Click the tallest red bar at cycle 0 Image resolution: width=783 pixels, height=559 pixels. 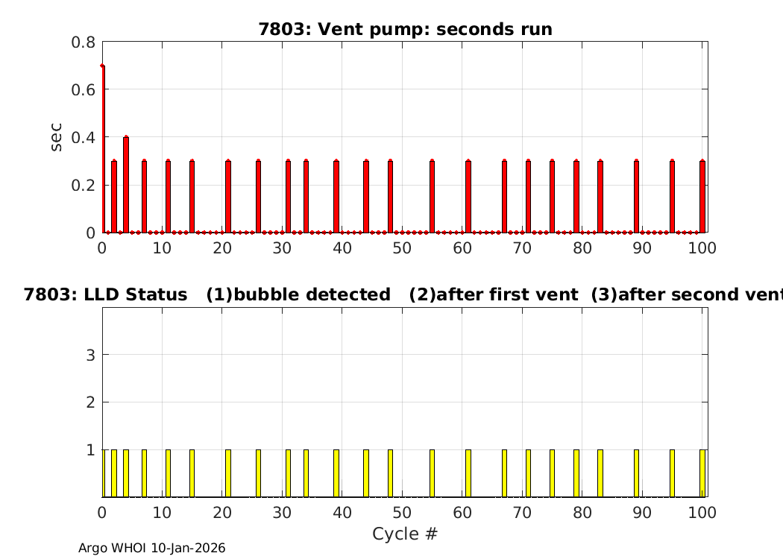pos(103,149)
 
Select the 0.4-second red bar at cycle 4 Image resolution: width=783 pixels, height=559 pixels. pos(126,185)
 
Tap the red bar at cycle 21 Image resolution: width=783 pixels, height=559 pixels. pos(228,197)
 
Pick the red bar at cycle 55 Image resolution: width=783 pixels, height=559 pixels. pos(432,197)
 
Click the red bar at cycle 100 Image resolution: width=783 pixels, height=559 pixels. pos(702,197)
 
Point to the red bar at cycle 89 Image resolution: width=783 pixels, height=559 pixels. pos(636,197)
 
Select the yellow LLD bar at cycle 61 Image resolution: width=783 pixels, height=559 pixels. pos(468,473)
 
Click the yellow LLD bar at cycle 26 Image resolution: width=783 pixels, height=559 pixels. pos(258,473)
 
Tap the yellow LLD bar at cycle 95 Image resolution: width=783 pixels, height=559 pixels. pos(672,473)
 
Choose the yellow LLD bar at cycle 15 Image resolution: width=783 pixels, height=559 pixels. pos(192,473)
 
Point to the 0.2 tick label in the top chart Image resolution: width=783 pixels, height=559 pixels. pos(83,185)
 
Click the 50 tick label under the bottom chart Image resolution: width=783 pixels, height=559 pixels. pos(402,513)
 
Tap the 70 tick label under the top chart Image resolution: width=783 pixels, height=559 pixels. pos(522,248)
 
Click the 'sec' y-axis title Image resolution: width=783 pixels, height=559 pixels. pos(57,137)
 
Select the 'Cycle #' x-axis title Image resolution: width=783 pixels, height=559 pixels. pos(404,534)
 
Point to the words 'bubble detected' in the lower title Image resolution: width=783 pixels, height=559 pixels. pos(312,294)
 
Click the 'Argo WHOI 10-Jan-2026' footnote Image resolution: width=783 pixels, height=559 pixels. pos(152,548)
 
